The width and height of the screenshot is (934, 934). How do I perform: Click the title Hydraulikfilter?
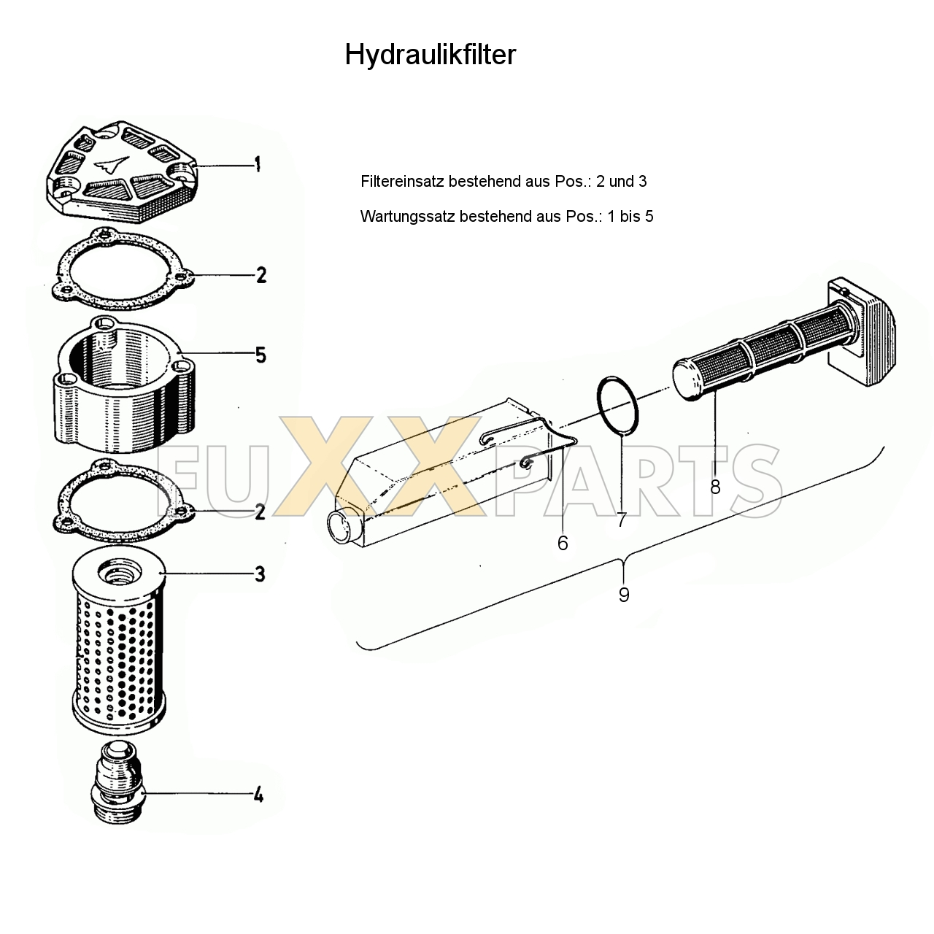tap(430, 55)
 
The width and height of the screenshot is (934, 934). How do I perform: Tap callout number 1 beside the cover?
tap(258, 164)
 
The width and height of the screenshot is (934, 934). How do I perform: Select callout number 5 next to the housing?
tap(260, 355)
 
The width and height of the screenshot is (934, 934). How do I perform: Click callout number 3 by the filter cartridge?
tap(260, 574)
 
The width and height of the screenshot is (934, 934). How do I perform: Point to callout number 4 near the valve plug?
tap(259, 795)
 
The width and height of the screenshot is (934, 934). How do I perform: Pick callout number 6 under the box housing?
tap(563, 544)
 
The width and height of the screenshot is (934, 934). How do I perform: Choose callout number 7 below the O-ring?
tap(622, 520)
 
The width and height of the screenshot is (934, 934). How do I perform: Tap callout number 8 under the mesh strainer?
tap(715, 487)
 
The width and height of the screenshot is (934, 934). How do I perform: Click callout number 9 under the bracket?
tap(624, 595)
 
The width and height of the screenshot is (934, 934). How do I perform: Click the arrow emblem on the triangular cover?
tap(112, 165)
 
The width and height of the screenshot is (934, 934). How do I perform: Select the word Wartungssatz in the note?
tap(408, 216)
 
